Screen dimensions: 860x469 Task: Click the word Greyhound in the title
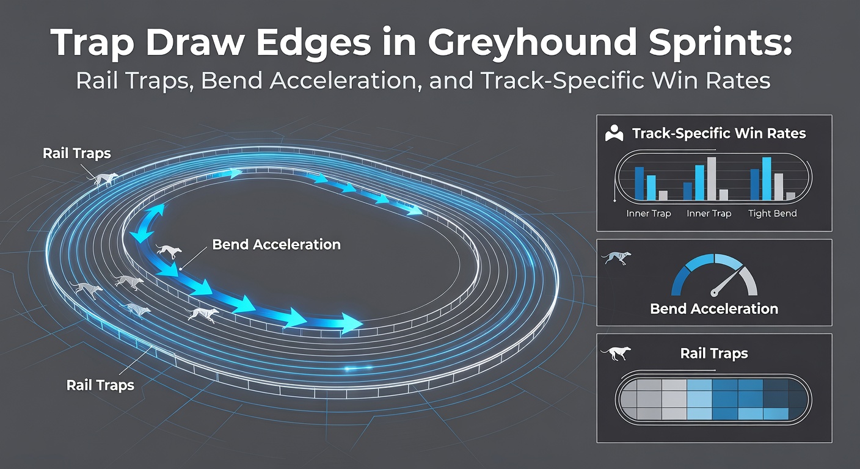(x=533, y=42)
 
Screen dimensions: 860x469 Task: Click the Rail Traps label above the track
(x=77, y=153)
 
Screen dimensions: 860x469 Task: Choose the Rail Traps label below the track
(x=100, y=385)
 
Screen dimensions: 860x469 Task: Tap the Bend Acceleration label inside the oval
(x=277, y=244)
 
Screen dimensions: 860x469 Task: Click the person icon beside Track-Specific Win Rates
(x=614, y=133)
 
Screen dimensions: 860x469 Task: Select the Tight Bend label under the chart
(x=773, y=213)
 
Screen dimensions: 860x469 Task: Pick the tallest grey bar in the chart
(x=712, y=178)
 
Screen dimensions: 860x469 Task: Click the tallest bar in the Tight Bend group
(x=767, y=178)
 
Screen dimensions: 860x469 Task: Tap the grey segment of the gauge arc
(x=749, y=280)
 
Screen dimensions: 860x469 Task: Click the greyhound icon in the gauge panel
(x=616, y=258)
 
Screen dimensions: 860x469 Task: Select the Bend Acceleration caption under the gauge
(x=714, y=309)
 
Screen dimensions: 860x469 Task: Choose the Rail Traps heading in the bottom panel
(x=714, y=353)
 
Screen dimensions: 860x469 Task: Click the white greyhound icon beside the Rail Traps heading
(x=616, y=353)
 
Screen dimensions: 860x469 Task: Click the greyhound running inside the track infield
(x=169, y=251)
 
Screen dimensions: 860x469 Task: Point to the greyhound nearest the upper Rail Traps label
(x=106, y=179)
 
